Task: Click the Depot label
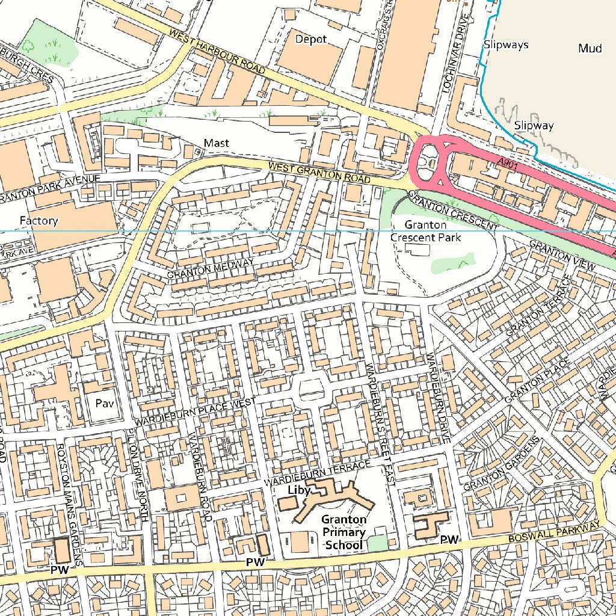point(311,39)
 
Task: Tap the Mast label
point(217,143)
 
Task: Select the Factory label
point(38,221)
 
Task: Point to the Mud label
point(590,49)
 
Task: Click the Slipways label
point(506,45)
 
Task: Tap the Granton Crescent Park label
point(426,231)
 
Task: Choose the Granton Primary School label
point(343,532)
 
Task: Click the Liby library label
point(299,490)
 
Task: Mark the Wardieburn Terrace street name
point(318,475)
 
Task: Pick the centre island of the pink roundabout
point(431,161)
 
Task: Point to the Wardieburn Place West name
point(195,411)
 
